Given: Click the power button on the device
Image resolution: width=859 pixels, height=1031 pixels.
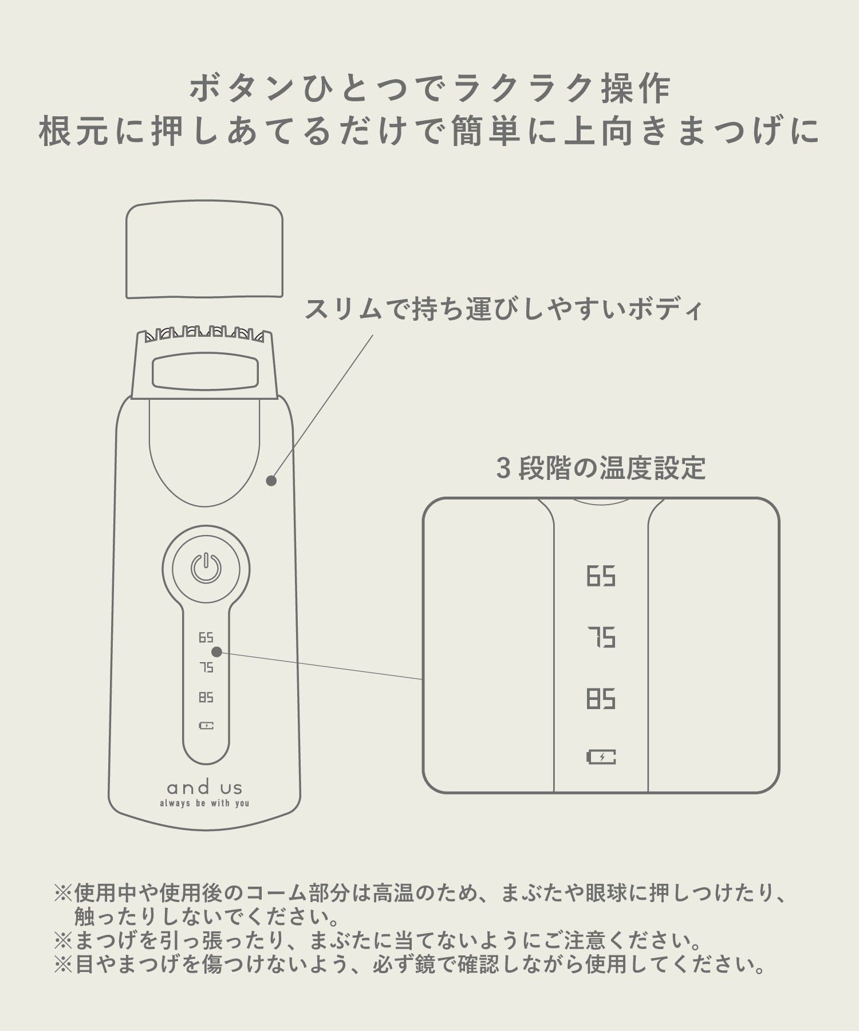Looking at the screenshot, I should (206, 568).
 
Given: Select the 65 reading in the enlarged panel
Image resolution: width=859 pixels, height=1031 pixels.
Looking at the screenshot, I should (601, 576).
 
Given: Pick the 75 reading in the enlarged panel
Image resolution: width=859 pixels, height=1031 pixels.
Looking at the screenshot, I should (601, 638).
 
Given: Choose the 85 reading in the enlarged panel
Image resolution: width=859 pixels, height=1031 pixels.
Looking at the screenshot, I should (601, 699).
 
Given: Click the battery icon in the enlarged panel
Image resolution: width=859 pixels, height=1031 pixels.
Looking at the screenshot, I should (601, 757).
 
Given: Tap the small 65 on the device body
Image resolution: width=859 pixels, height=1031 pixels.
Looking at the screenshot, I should (206, 638).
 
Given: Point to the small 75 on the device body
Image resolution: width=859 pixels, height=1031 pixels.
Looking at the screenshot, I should (206, 667).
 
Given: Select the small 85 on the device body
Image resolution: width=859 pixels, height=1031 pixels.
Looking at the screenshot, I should (206, 697).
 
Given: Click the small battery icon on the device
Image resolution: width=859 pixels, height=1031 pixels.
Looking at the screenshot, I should (206, 726).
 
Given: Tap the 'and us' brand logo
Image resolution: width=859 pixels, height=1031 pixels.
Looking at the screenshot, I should (204, 788).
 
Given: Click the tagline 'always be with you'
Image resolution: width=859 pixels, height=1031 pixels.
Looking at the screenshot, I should (204, 803).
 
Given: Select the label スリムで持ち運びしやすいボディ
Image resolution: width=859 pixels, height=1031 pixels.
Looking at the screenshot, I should (503, 309).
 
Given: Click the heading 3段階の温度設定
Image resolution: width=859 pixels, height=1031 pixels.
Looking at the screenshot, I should (601, 468).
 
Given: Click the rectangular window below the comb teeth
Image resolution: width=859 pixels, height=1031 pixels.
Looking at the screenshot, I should (204, 371).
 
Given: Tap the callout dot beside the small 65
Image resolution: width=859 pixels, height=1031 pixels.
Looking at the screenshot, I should (217, 652).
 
